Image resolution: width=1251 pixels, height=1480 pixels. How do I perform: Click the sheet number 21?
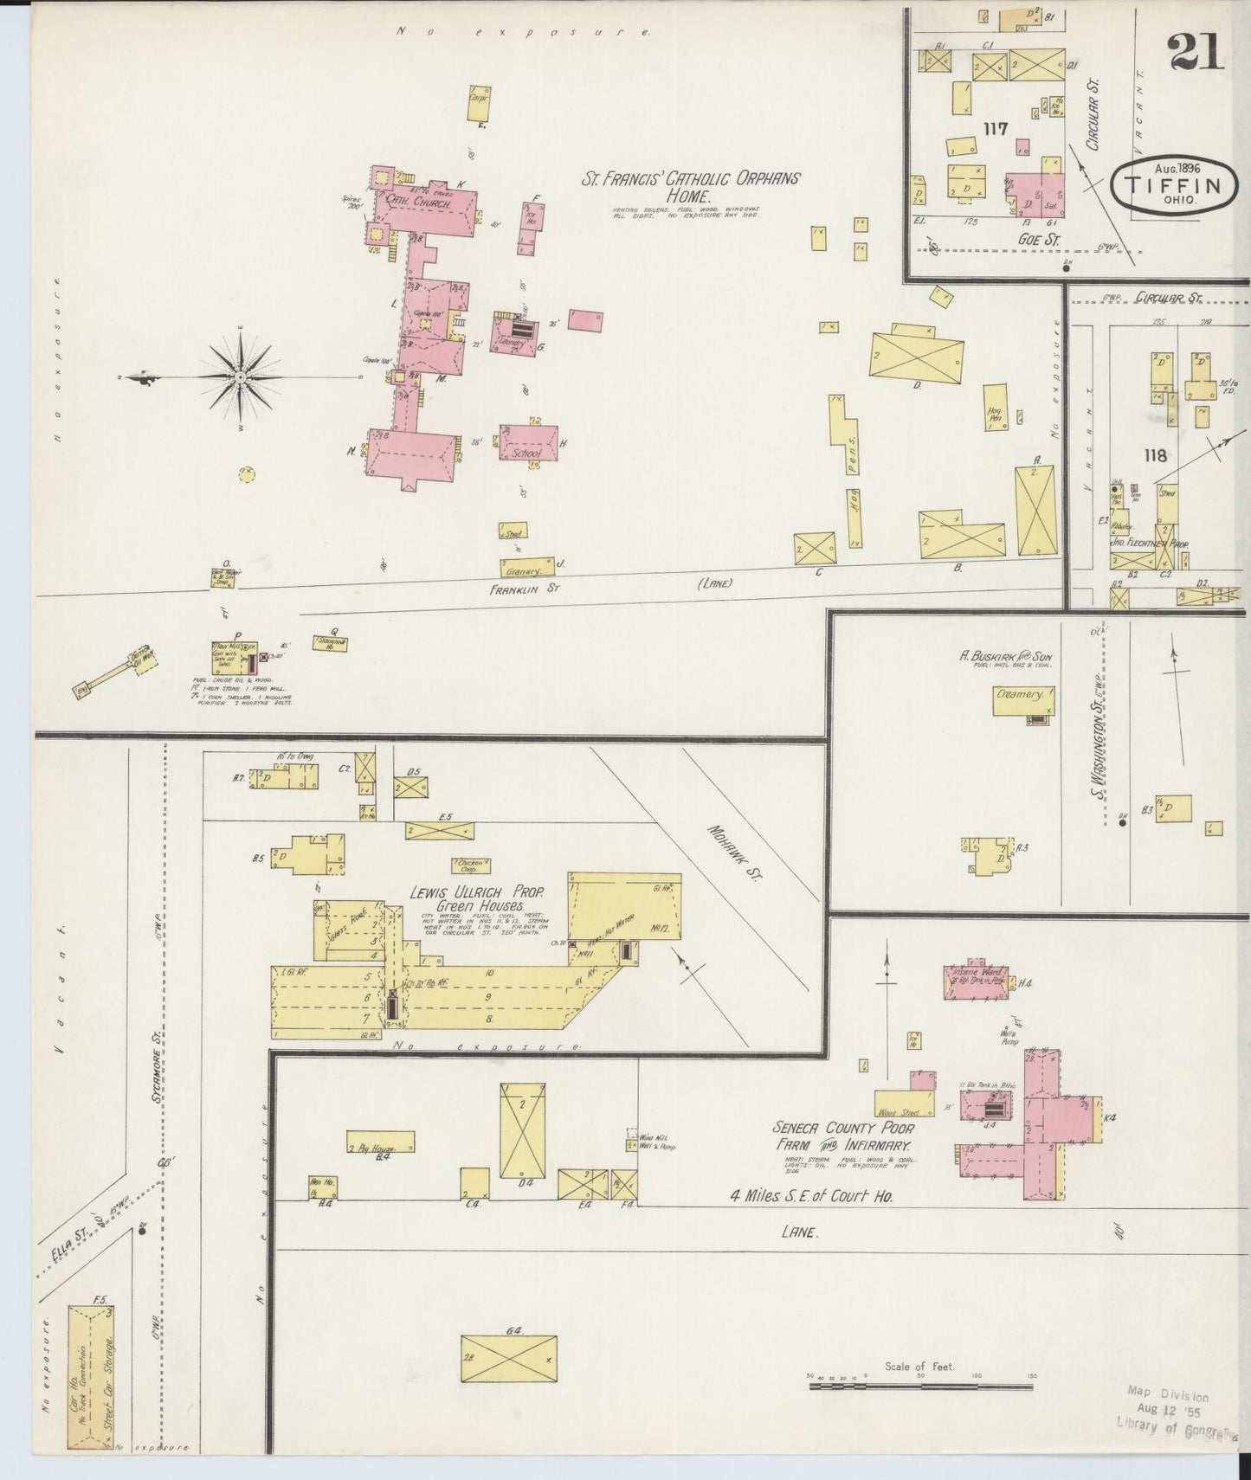coord(1196,52)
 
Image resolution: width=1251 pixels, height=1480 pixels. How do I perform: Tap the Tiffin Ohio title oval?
coord(1173,183)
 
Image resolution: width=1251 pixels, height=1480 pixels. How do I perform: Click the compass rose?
coord(240,378)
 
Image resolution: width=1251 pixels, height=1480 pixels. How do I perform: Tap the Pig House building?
coord(380,1142)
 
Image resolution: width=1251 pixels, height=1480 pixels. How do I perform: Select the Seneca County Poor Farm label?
coord(843,1136)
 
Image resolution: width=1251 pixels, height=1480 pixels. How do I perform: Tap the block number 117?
coord(996,129)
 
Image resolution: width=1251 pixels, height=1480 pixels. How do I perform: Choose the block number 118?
coord(1154,455)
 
